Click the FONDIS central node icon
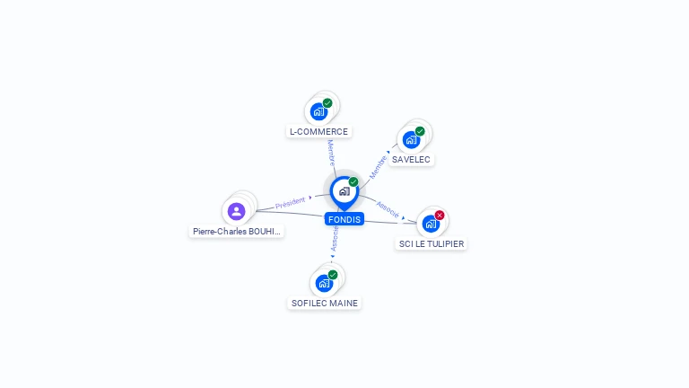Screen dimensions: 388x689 [x=344, y=191]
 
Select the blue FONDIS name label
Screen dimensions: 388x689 [x=344, y=219]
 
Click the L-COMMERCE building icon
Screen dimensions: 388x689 [x=318, y=112]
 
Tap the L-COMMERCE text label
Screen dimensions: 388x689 [x=318, y=132]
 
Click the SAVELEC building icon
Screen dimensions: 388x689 [x=411, y=140]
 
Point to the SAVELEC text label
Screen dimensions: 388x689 [x=411, y=160]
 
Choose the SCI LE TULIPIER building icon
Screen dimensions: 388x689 [x=431, y=224]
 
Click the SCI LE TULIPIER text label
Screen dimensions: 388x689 [x=432, y=243]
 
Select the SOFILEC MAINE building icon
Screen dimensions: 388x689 [x=324, y=284]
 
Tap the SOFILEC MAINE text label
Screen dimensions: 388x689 [x=325, y=304]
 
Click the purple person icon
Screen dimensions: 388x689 [x=236, y=211]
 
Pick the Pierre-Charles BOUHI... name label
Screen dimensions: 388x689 [x=237, y=232]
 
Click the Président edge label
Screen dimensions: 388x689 [x=291, y=203]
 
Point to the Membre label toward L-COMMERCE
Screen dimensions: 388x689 [x=331, y=152]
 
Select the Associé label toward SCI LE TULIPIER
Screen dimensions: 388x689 [x=388, y=208]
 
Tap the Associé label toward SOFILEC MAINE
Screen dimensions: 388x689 [x=335, y=238]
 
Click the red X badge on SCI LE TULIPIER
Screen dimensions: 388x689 [x=440, y=215]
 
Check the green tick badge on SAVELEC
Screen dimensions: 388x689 [x=420, y=131]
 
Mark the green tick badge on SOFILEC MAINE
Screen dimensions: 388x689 [x=333, y=275]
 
